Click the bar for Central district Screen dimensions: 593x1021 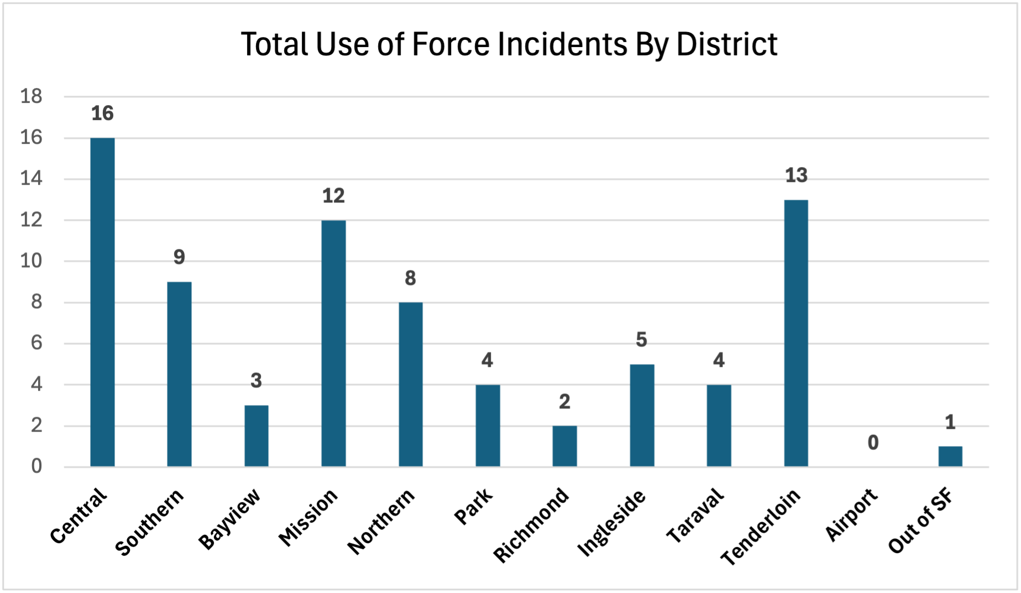[102, 302]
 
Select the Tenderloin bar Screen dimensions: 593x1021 [796, 333]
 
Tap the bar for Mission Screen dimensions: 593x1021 [333, 343]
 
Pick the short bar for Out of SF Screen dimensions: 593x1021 [950, 456]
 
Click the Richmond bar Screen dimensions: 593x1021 [564, 446]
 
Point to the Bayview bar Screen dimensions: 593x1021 [256, 436]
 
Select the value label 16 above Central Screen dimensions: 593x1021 [102, 113]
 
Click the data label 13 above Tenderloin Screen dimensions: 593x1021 [796, 175]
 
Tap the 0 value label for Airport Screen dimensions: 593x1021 [873, 443]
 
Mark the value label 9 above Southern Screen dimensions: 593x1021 [179, 257]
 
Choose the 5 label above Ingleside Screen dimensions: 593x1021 [641, 340]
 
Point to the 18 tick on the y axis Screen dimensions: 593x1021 [32, 97]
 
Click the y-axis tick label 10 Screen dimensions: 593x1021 [32, 261]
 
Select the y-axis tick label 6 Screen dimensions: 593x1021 [36, 343]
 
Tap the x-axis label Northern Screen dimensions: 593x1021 [381, 522]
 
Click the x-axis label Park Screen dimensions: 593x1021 [473, 507]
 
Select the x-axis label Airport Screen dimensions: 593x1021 [851, 515]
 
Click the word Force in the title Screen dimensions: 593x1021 [451, 44]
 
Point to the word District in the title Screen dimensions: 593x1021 [726, 44]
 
